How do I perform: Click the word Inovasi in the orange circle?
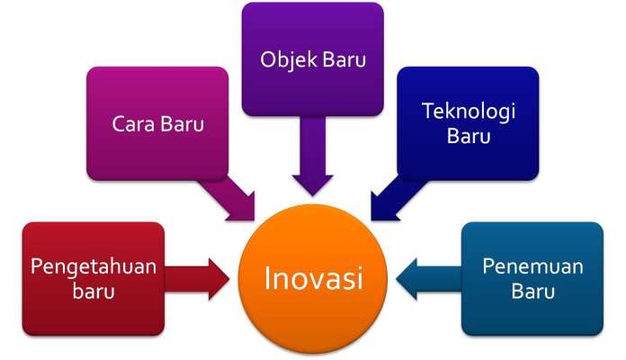[x=313, y=278]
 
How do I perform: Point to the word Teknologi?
[x=469, y=112]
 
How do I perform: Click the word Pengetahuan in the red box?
[x=94, y=267]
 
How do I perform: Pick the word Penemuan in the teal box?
[x=532, y=266]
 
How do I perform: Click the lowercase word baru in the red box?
[x=94, y=291]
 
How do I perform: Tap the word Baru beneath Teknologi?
[x=469, y=136]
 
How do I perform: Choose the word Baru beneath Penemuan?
[x=532, y=292]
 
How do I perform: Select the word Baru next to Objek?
[x=344, y=60]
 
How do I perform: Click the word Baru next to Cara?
[x=182, y=124]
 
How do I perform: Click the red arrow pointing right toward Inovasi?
[x=197, y=279]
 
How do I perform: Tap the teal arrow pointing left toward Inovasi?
[x=429, y=279]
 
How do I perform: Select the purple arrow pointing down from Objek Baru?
[x=313, y=156]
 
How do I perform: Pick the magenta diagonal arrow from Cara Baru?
[x=228, y=198]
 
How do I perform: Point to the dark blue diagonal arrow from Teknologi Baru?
[x=398, y=198]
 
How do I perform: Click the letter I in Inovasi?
[x=267, y=278]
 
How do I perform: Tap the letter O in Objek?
[x=269, y=60]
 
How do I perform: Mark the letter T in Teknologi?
[x=429, y=111]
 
